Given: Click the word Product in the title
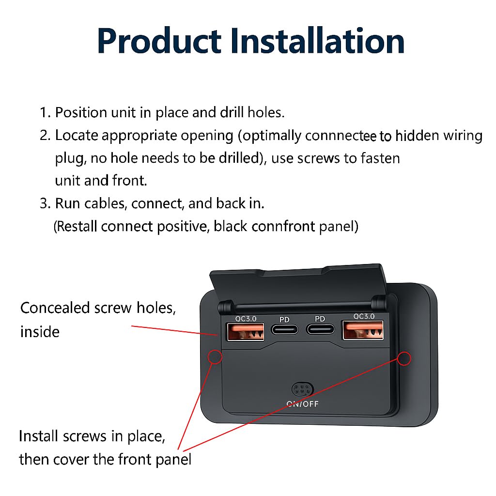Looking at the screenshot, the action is pos(159,41).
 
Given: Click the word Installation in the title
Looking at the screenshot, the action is pos(318,41).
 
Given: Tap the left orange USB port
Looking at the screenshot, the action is pos(246,332).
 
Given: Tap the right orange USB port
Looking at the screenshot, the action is pos(363,330).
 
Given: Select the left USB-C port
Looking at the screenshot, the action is pos(284,329).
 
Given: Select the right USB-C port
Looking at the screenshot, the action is pos(320,329).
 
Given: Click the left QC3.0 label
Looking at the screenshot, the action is pos(246,319).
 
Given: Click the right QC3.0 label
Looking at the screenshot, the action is pos(364,316).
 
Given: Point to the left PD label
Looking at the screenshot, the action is pos(284,320).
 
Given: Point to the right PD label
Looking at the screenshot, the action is pos(320,319).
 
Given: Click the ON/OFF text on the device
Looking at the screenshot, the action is pos(302,404).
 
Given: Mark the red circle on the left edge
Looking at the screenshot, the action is pos(215,357).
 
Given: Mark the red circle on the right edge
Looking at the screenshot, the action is pos(404,358).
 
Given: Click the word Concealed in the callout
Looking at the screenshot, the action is pos(55,308).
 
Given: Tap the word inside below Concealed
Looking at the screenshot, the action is pos(40,332).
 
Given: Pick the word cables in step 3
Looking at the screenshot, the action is pos(106,203).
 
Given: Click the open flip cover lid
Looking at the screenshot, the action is pos(298,283).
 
